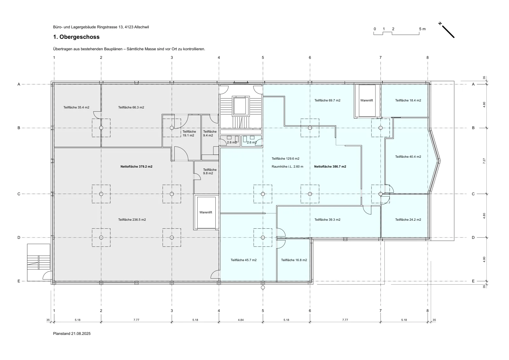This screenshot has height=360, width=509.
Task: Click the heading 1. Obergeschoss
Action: [x=76, y=37]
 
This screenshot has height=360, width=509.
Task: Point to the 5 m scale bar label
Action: [x=422, y=29]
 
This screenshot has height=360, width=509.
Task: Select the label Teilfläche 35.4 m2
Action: [x=76, y=107]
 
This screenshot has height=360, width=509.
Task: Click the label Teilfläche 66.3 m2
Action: [x=131, y=107]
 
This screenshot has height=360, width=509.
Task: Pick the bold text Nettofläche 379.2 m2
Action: [x=136, y=167]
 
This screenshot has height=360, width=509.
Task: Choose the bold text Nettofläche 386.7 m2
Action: [x=330, y=167]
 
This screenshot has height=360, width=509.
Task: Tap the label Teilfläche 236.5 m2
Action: [x=132, y=220]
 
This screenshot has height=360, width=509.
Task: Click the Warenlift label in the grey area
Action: [x=206, y=212]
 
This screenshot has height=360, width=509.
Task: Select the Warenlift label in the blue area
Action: [x=366, y=100]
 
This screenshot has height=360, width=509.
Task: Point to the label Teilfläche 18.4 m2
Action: [x=408, y=100]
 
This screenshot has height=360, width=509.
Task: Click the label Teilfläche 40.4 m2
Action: [x=408, y=157]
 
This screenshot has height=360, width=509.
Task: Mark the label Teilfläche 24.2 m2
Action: [x=408, y=220]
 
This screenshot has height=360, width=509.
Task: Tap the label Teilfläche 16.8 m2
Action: [x=294, y=260]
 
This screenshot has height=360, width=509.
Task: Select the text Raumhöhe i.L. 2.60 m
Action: [x=288, y=167]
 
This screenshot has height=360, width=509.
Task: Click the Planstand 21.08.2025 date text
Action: [x=72, y=334]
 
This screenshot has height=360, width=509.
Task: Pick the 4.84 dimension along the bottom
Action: [x=241, y=320]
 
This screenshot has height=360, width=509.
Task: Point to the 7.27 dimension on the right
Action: [x=484, y=161]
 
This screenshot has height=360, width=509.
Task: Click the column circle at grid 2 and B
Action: [x=101, y=128]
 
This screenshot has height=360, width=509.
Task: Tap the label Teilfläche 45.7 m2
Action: [x=244, y=260]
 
